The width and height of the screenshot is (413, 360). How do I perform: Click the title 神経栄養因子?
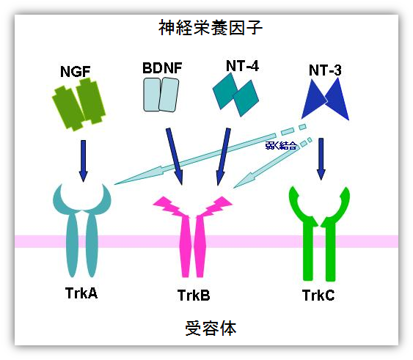coord(211,28)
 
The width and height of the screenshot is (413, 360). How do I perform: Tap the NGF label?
coord(76,72)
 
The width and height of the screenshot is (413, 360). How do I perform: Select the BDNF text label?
coord(162,68)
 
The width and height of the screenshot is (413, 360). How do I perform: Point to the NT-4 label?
coord(242,66)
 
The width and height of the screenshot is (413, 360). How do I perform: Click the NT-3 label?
coord(325,70)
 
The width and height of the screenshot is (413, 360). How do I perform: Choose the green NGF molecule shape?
coord(78,104)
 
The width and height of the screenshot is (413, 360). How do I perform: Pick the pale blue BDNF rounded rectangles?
coord(161,95)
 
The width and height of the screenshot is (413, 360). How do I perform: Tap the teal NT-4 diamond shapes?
coord(235,95)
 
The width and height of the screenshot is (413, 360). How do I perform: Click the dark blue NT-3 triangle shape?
coord(326,99)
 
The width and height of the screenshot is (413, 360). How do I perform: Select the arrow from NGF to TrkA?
coord(83,161)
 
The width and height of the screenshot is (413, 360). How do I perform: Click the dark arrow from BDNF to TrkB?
coord(174,156)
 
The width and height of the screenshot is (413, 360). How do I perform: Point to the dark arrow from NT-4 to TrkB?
coord(223,157)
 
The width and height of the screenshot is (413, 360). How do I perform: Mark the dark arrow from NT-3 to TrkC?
coord(321,159)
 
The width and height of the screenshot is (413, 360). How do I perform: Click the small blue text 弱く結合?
coord(281,146)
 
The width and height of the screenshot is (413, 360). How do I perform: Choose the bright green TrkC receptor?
coord(319,234)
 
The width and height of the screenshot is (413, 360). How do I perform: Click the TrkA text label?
coord(81,293)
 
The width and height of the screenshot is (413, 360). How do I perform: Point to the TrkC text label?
coord(318,295)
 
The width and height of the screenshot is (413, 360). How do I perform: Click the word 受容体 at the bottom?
coord(211,328)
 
